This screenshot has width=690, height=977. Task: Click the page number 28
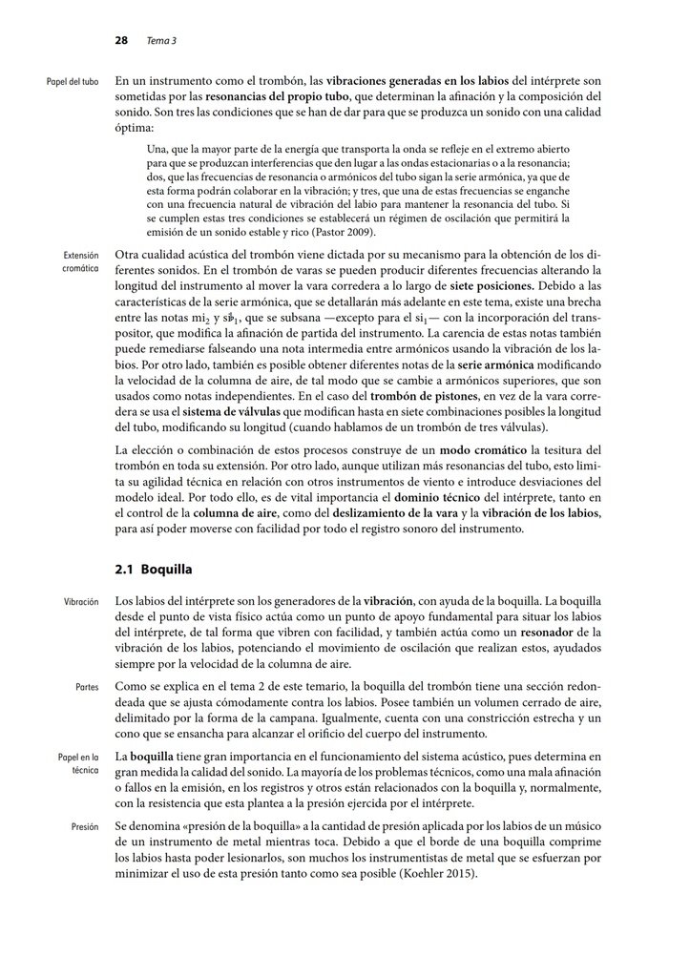click(121, 41)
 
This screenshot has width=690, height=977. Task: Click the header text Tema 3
click(161, 41)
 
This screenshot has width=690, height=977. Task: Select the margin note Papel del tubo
click(73, 82)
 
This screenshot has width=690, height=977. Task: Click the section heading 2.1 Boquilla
click(154, 570)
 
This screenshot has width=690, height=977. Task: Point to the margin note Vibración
click(81, 603)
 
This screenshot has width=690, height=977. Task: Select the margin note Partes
click(87, 687)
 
